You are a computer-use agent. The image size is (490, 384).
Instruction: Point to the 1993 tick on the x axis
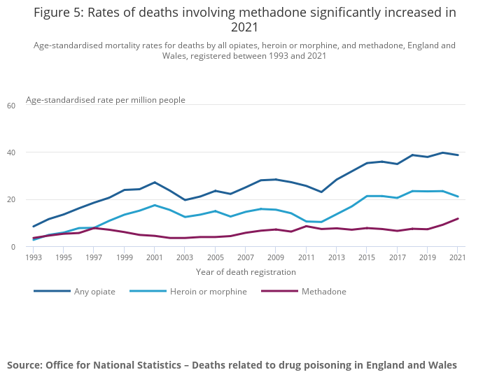(34, 257)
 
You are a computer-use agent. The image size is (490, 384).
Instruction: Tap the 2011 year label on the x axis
(305, 257)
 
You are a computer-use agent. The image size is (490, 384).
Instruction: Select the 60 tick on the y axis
(10, 106)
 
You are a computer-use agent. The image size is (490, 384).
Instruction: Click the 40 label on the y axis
(10, 152)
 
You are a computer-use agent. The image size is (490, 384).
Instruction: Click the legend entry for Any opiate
(95, 292)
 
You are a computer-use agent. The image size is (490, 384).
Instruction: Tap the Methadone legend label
(323, 292)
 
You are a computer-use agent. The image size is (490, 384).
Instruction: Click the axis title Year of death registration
(246, 272)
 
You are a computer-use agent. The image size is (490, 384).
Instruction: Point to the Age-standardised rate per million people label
(106, 100)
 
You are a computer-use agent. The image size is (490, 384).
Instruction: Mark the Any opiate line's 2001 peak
(155, 183)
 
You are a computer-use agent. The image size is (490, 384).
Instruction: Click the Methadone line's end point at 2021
(458, 218)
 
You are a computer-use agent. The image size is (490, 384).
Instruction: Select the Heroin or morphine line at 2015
(366, 196)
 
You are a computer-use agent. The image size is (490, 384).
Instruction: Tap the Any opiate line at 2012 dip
(321, 192)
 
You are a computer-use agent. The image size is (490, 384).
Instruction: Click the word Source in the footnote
(24, 365)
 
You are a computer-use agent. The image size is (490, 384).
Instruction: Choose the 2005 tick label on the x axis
(215, 257)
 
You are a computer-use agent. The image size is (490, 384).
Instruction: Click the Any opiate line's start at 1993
(34, 227)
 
